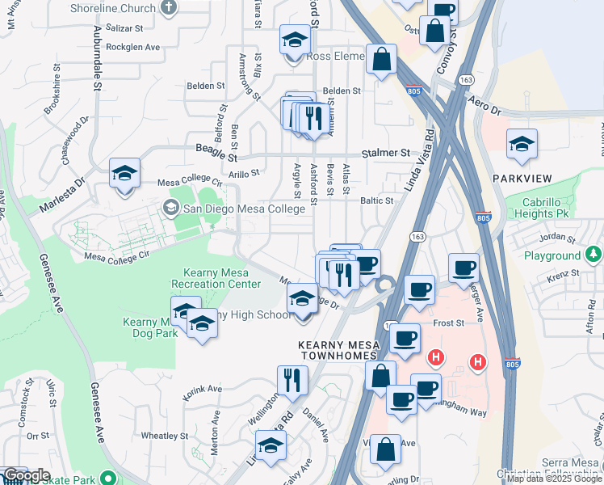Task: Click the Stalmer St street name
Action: [x=386, y=152]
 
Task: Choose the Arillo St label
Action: [x=244, y=173]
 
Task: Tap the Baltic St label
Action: [x=376, y=200]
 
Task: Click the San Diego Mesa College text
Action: [x=244, y=209]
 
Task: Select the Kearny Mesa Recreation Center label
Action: [x=216, y=278]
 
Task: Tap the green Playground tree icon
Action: [x=594, y=255]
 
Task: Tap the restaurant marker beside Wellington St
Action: [x=292, y=380]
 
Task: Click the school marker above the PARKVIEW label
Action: [x=521, y=145]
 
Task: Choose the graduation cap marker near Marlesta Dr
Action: [x=124, y=174]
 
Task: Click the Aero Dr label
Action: [x=484, y=108]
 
